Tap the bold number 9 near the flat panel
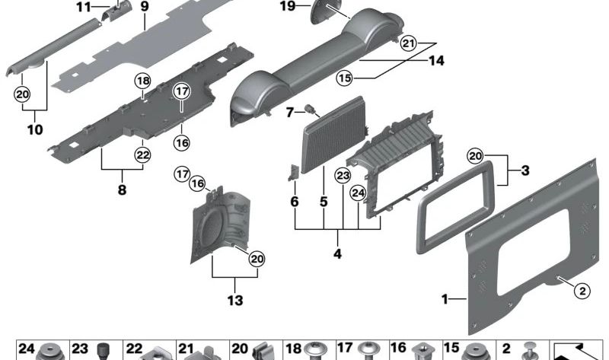pyautogui.click(x=144, y=9)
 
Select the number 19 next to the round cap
pyautogui.click(x=285, y=7)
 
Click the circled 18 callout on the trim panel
pyautogui.click(x=143, y=81)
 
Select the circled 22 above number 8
pyautogui.click(x=143, y=154)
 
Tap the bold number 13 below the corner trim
pyautogui.click(x=234, y=301)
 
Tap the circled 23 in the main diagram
pyautogui.click(x=343, y=175)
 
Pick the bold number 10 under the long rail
pyautogui.click(x=34, y=129)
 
